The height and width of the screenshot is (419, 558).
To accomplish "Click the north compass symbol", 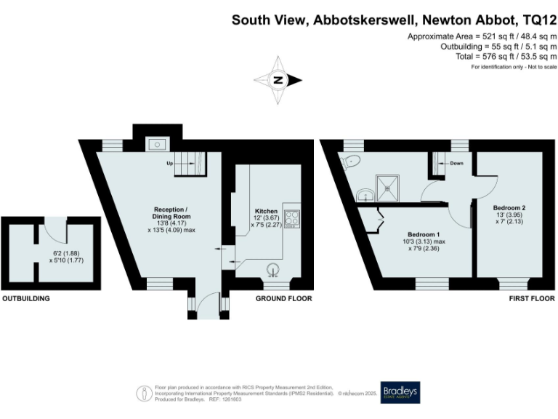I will [x=276, y=80].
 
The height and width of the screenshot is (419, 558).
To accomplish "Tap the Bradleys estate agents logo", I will [x=400, y=391].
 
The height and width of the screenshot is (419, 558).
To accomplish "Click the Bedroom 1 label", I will [x=407, y=234].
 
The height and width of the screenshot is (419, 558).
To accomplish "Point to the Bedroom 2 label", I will [x=509, y=207].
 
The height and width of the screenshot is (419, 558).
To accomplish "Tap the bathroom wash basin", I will [x=365, y=193].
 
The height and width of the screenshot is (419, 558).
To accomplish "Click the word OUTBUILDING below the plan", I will [x=25, y=299].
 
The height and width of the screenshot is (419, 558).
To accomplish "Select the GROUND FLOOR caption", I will [x=283, y=299].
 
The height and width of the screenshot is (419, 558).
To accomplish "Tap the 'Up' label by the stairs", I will [x=169, y=163].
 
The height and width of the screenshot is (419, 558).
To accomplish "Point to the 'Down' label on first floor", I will [x=456, y=163].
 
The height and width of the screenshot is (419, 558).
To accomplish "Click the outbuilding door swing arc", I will [x=54, y=230].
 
